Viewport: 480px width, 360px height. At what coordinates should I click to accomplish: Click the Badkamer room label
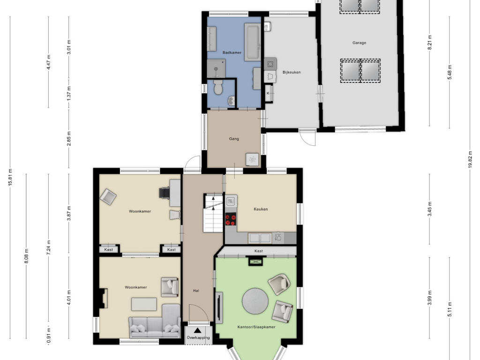pos(232,52)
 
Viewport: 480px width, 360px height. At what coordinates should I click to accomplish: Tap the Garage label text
pos(359,43)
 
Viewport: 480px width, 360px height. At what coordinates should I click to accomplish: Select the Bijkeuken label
pos(292,72)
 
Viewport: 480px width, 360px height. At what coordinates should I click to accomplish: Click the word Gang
pos(234,139)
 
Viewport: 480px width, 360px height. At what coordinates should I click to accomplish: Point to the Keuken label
pos(261,209)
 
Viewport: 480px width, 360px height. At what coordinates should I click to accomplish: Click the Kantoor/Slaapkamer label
pos(256,327)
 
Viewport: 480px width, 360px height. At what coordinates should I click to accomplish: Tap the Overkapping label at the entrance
pos(198,337)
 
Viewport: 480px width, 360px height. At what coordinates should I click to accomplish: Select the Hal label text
pos(196,291)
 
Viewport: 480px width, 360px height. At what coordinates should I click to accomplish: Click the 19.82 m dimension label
pos(470,159)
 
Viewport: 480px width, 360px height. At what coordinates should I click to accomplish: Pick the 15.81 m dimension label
pos(10,177)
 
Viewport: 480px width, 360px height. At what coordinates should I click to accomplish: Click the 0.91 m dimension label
pos(49,336)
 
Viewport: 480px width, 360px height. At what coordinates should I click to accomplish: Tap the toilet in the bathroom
pos(218,87)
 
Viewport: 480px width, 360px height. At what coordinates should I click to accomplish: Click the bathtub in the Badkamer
pos(252,42)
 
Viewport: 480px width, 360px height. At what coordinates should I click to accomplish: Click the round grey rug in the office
pos(255,301)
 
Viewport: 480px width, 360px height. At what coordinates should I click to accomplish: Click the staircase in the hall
pos(213,213)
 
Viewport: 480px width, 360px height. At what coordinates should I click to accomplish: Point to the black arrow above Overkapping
pos(198,330)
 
